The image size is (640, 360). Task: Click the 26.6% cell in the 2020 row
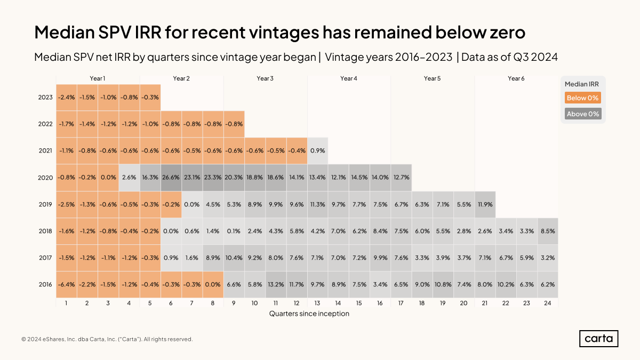click(171, 178)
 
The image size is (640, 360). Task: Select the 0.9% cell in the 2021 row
click(318, 151)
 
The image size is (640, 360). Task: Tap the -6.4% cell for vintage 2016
click(67, 284)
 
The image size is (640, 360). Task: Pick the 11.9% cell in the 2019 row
click(485, 204)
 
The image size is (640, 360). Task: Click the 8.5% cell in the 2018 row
click(548, 231)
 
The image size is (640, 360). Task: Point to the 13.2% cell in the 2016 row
click(276, 284)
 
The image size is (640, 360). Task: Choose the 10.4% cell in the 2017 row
click(234, 258)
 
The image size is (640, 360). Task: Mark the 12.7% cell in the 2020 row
click(401, 178)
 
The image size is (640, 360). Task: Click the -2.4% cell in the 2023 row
click(67, 98)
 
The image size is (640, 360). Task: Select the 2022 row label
click(45, 124)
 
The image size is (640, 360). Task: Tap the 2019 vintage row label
click(45, 204)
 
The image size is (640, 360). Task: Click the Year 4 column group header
click(349, 78)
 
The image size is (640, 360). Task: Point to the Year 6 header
click(516, 78)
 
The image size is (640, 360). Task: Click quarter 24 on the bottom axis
click(548, 303)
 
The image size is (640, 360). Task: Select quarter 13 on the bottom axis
click(318, 303)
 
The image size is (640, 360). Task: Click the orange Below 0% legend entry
click(583, 98)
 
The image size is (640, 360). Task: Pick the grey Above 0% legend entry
click(583, 114)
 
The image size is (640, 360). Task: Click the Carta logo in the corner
click(598, 339)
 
